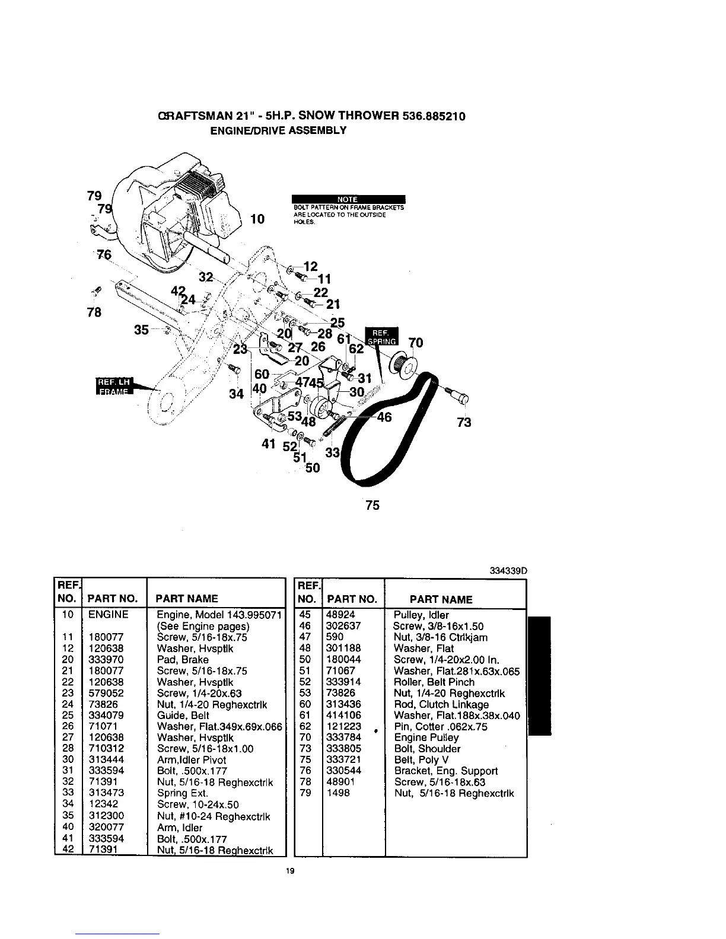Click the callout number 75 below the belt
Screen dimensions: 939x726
coord(372,505)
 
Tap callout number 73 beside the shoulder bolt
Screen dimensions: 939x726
coord(464,422)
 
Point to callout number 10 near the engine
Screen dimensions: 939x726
coord(257,219)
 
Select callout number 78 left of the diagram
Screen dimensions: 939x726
coord(94,312)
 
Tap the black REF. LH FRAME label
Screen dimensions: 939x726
coord(116,385)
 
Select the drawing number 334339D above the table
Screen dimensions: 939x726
coord(508,570)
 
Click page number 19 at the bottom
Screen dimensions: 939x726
coord(290,871)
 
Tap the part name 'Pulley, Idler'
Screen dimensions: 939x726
coord(421,615)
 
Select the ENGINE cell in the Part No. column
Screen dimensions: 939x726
coord(108,615)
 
